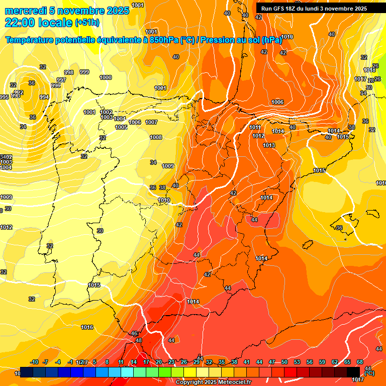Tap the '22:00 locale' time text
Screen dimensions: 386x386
click(x=38, y=22)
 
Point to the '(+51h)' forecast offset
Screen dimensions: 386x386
click(x=87, y=23)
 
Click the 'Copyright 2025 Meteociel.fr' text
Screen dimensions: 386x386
click(x=213, y=382)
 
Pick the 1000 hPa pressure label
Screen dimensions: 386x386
click(x=106, y=77)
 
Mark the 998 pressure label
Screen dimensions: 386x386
click(x=69, y=73)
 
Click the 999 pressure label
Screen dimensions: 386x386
click(x=84, y=72)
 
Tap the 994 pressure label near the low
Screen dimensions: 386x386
click(x=44, y=97)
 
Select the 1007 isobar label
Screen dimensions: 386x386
click(x=151, y=122)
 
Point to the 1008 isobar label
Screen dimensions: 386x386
click(x=156, y=137)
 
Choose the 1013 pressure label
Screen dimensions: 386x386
click(x=269, y=145)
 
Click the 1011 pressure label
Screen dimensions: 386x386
click(x=255, y=128)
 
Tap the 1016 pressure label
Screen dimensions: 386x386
click(x=87, y=327)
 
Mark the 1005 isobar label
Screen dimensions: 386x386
click(x=121, y=127)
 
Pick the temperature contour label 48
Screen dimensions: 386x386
click(x=139, y=341)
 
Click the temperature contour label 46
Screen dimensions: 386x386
click(x=134, y=334)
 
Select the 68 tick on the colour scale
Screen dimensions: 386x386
click(x=360, y=362)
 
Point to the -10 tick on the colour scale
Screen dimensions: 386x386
click(x=35, y=362)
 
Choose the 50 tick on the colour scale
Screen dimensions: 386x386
click(x=284, y=362)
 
